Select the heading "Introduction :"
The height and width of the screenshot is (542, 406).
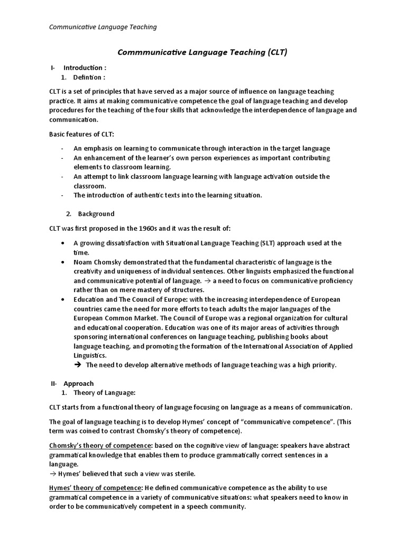(x=85, y=68)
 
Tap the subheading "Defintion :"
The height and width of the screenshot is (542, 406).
(x=89, y=78)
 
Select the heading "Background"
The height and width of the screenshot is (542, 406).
(x=96, y=214)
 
